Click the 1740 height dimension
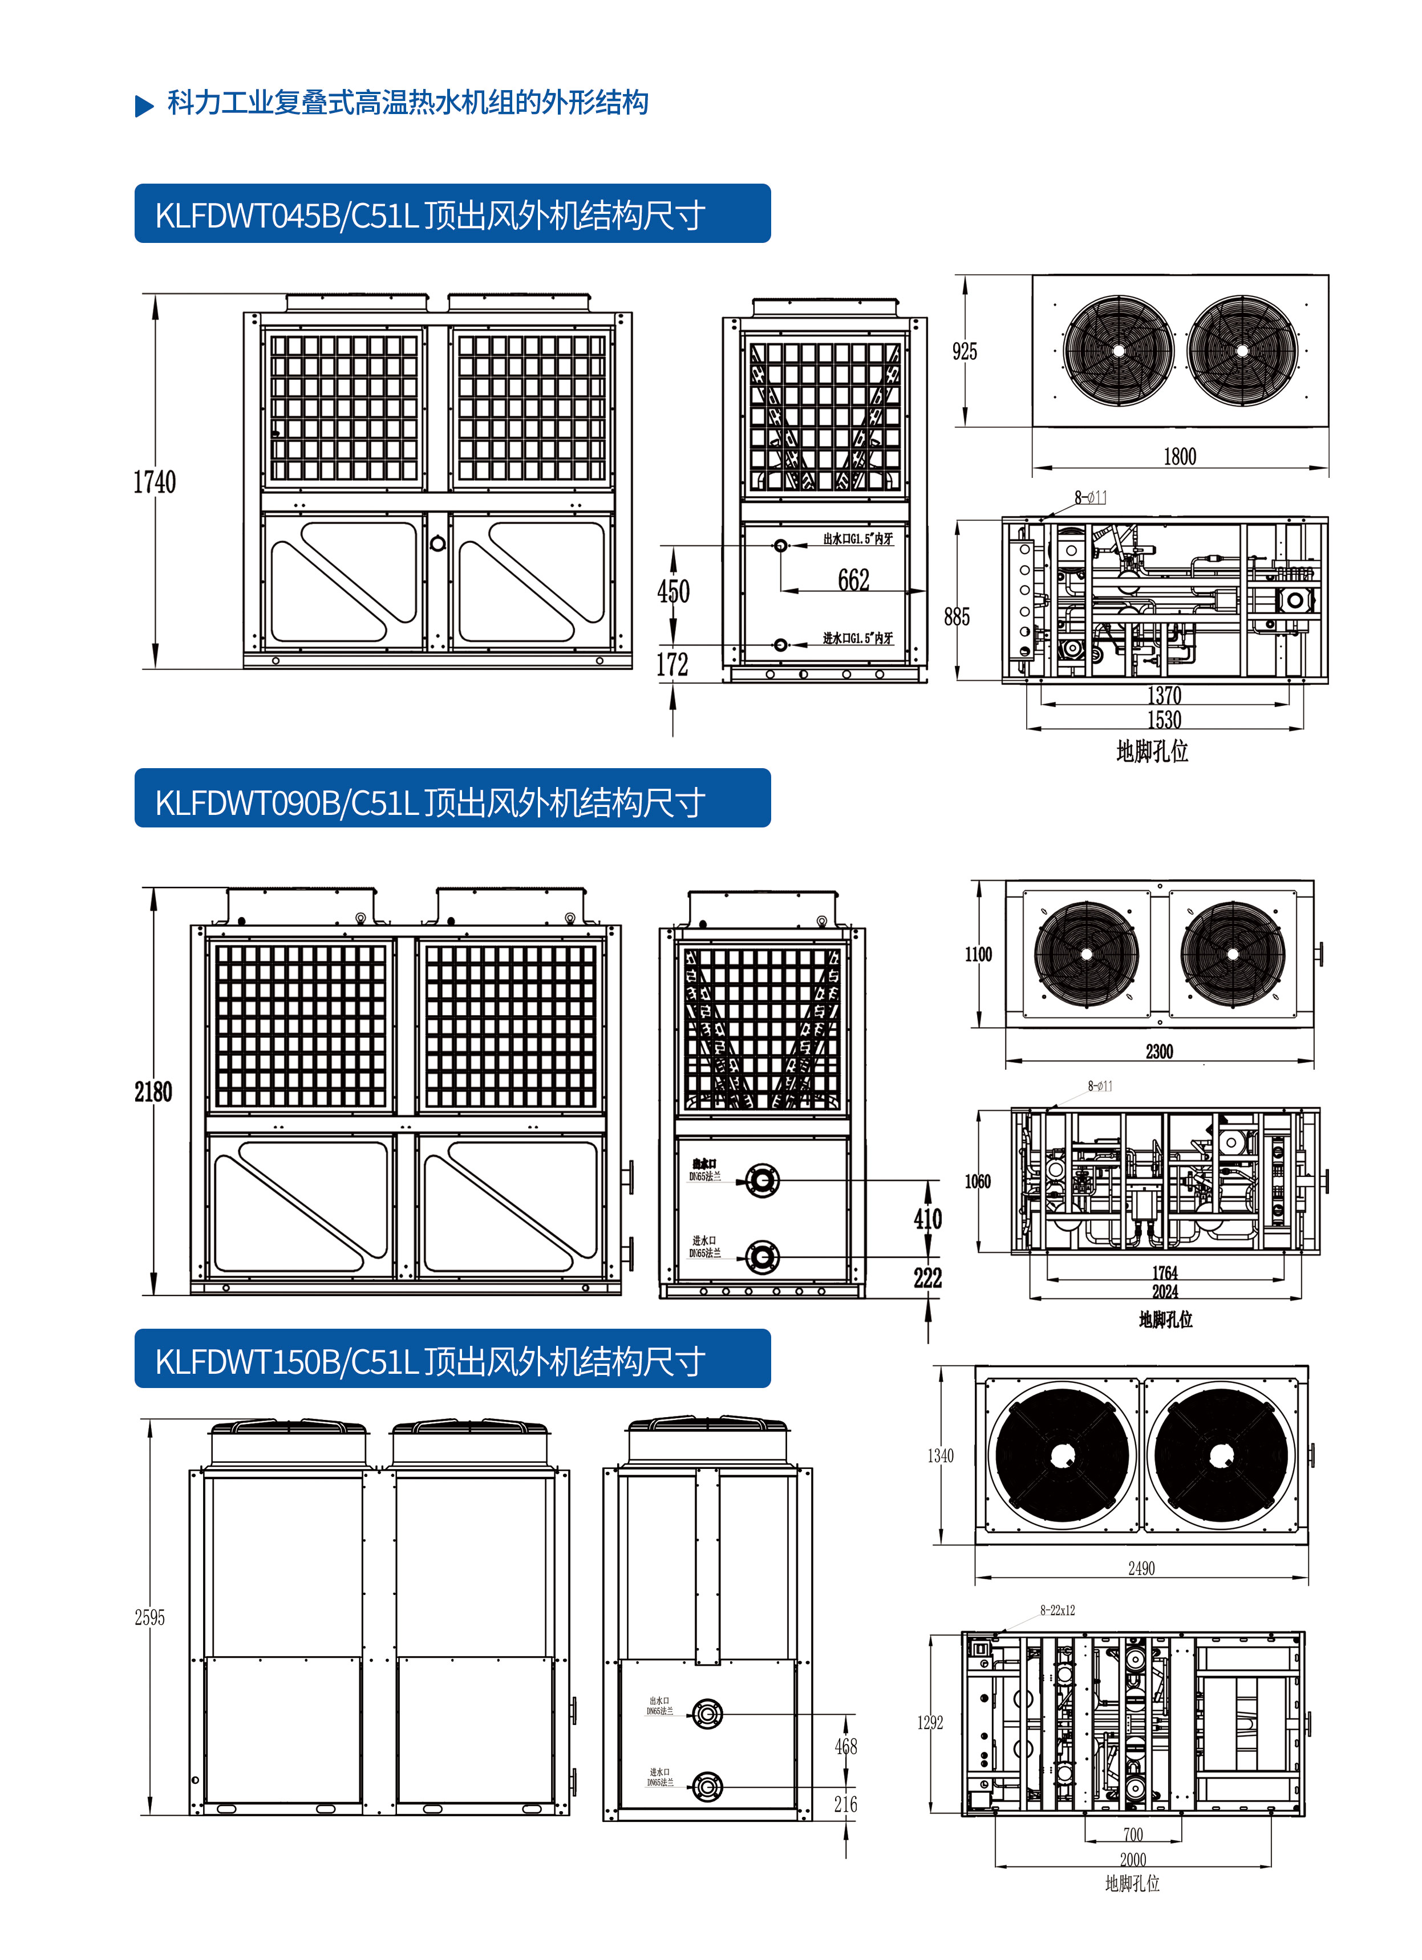[154, 482]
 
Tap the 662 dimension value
[853, 580]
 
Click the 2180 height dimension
[153, 1091]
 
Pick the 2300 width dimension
[1158, 1052]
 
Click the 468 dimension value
[845, 1747]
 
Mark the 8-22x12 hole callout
[1057, 1610]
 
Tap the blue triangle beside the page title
[144, 105]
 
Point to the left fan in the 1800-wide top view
[1119, 350]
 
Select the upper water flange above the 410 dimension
[761, 1180]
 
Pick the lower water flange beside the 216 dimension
[707, 1785]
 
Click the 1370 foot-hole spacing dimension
[1164, 695]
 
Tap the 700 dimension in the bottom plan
[1132, 1834]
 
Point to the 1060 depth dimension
[978, 1182]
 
